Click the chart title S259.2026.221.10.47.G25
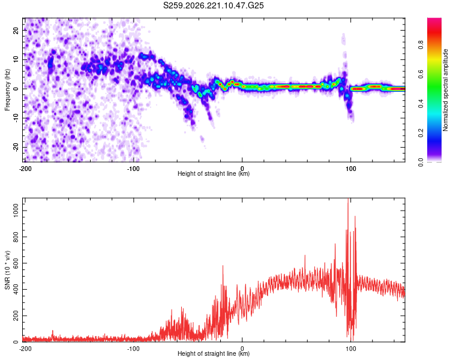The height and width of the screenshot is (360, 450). (x=213, y=5)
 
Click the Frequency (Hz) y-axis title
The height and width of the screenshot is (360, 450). (x=7, y=90)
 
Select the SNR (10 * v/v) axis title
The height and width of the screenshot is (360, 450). (x=7, y=270)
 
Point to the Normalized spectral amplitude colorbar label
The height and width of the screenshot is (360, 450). (x=445, y=90)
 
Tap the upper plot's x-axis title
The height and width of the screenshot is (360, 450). (x=214, y=173)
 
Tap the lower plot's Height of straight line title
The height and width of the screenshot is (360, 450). (x=214, y=353)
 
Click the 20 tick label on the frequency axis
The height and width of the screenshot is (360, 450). (x=16, y=30)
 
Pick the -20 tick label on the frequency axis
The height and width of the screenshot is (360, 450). (x=16, y=148)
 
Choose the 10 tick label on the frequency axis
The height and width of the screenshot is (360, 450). (x=16, y=59)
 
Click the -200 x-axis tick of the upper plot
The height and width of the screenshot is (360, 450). (x=25, y=169)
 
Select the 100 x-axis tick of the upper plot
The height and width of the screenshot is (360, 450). (x=350, y=169)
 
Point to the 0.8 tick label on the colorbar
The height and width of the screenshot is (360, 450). (x=421, y=45)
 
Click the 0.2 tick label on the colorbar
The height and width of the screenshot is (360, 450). (x=421, y=133)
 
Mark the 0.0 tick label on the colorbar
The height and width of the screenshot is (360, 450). (x=421, y=163)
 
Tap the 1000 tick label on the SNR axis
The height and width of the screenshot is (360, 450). (x=16, y=211)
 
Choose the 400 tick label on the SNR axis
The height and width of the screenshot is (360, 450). (x=16, y=289)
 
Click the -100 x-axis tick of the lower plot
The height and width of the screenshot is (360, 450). (x=133, y=349)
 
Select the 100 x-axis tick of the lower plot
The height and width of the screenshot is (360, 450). (x=350, y=349)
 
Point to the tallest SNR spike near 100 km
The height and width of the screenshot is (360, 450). (x=348, y=199)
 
